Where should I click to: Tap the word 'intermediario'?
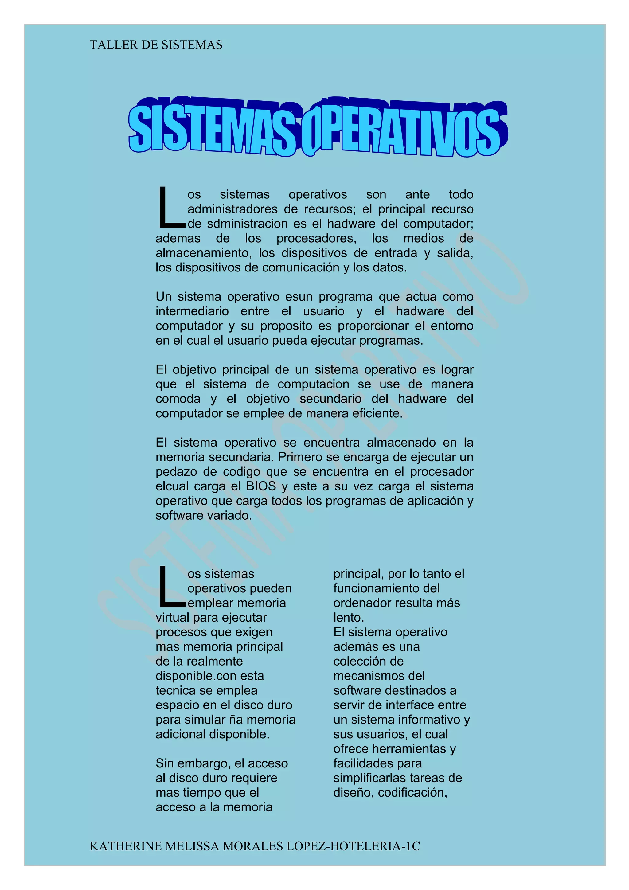pyautogui.click(x=192, y=311)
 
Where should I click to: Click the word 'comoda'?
pyautogui.click(x=178, y=399)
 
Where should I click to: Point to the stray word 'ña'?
pyautogui.click(x=235, y=720)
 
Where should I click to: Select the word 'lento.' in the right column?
pyautogui.click(x=348, y=618)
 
